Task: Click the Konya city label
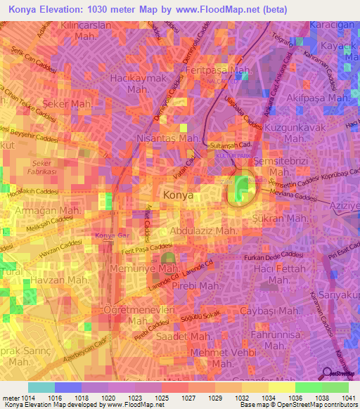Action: tap(178, 195)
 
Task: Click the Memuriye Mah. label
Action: tap(148, 268)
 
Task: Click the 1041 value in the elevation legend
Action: tap(335, 398)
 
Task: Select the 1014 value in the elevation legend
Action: tap(28, 398)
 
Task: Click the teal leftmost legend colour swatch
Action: tap(41, 387)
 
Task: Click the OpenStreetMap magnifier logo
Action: tap(327, 373)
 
